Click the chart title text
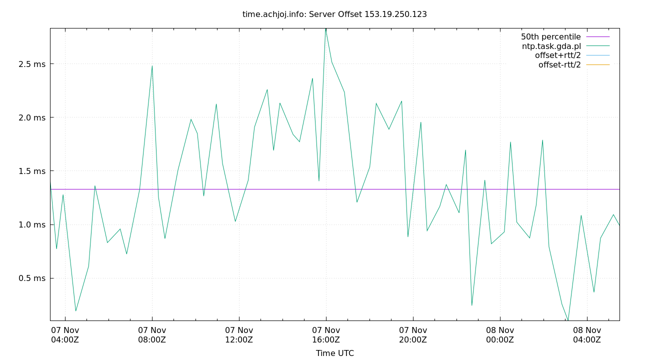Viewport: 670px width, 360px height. (x=334, y=14)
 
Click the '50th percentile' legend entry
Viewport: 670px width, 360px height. (x=550, y=37)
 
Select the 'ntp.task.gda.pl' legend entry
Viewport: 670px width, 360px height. (x=551, y=46)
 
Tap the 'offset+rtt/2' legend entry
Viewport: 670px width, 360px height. (x=557, y=55)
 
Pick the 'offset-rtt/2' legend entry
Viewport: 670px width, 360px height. (x=559, y=65)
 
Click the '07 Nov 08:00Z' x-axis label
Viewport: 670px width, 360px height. (x=152, y=335)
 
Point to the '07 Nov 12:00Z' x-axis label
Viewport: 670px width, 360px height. (x=239, y=335)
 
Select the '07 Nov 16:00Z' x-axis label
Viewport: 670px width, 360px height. (x=326, y=335)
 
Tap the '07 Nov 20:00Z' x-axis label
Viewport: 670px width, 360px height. (x=413, y=335)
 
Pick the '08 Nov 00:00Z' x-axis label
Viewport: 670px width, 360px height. (x=500, y=335)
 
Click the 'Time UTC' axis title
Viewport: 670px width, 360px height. (x=334, y=353)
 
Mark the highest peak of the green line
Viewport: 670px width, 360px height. (x=325, y=28)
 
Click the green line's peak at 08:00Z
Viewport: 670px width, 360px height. (x=152, y=65)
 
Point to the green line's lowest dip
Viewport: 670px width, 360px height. (x=568, y=320)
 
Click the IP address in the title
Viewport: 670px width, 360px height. (x=395, y=14)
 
